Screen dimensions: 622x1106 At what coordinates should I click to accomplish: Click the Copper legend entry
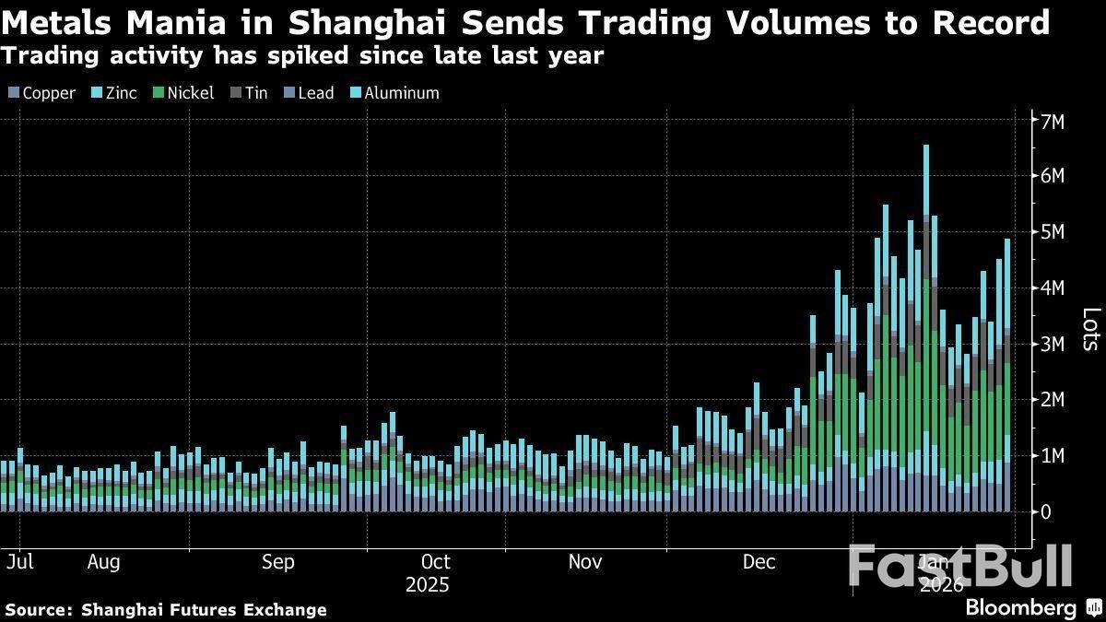point(41,93)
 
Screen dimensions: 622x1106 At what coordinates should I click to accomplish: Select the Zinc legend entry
point(114,93)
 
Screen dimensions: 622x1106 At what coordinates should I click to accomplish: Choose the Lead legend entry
point(310,93)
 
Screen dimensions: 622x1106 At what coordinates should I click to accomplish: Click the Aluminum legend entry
point(394,93)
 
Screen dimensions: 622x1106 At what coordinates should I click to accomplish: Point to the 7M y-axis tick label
point(1053,122)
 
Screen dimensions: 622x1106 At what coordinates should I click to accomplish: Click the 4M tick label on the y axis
point(1053,288)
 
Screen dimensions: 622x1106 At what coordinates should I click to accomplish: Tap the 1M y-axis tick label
point(1053,456)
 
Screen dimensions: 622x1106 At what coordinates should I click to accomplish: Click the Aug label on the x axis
point(102,562)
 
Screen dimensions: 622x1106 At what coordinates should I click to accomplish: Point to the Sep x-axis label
point(277,562)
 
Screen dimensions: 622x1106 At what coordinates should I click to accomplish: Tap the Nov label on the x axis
point(584,562)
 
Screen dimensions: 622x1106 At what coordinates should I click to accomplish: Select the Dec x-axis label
point(759,562)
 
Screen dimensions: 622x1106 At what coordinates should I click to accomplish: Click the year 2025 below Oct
point(428,585)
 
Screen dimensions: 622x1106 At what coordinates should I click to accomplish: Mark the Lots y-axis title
point(1089,329)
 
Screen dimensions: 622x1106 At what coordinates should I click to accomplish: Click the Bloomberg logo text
point(1020,607)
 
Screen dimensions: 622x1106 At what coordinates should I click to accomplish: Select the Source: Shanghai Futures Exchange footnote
point(166,609)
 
